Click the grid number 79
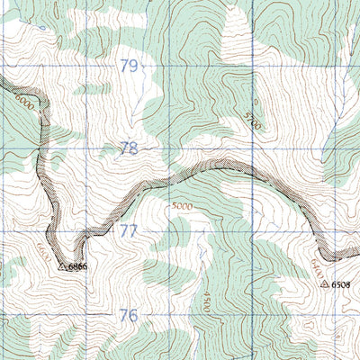[130, 67]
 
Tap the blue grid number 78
[130, 148]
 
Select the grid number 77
[129, 231]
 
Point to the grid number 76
[129, 315]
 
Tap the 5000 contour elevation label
[181, 206]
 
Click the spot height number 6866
[76, 266]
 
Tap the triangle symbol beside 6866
[62, 266]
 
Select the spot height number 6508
[341, 283]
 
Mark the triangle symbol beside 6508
[325, 283]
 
